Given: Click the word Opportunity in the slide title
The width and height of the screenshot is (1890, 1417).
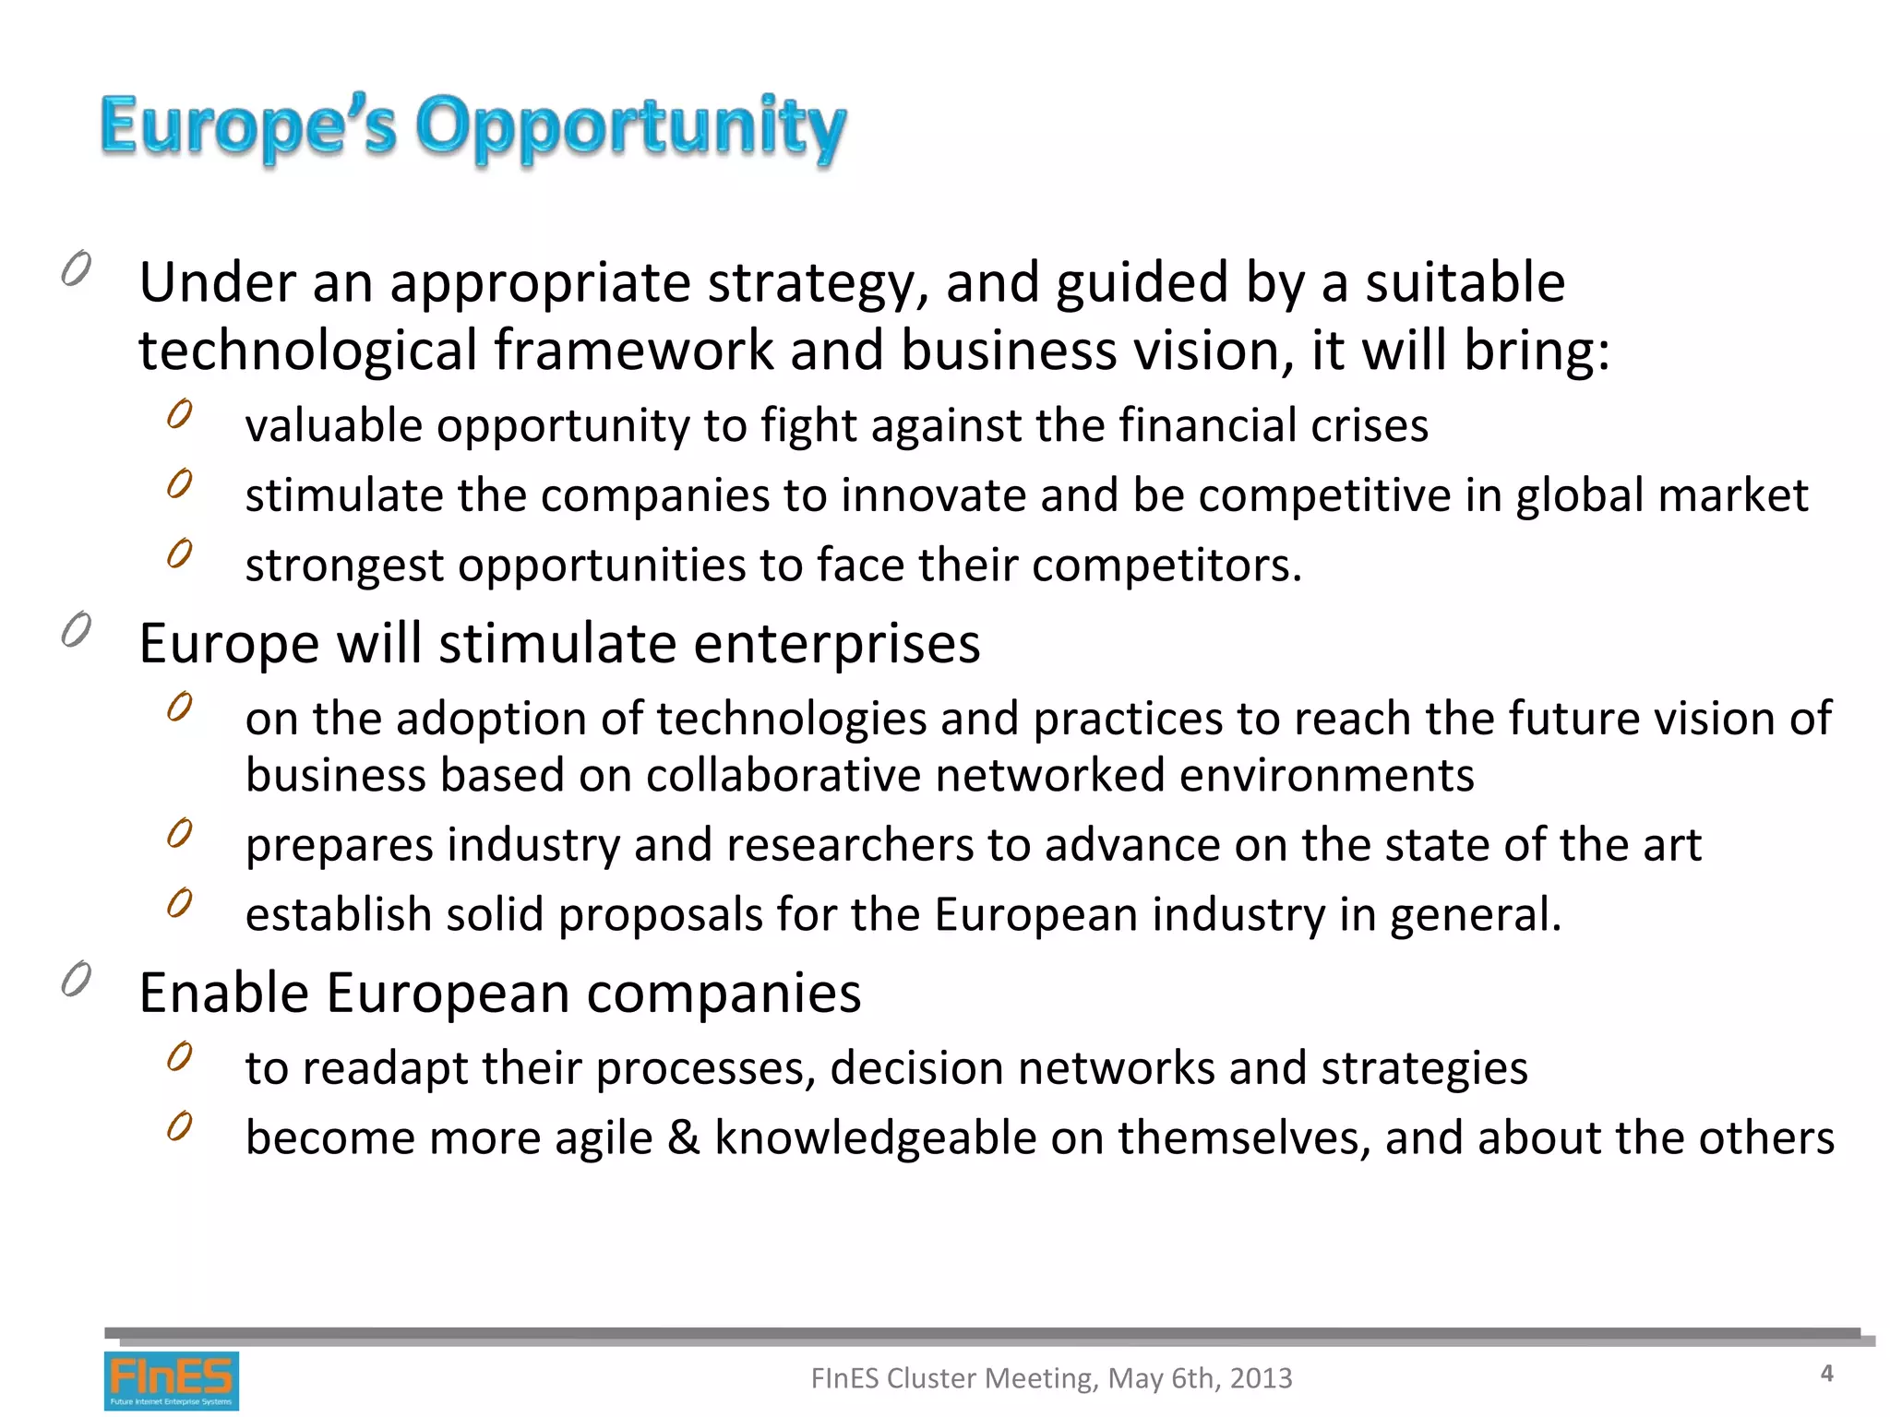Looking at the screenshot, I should (630, 127).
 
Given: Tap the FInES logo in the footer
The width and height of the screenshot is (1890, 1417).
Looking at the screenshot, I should (172, 1380).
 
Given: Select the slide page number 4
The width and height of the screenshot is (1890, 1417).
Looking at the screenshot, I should (1826, 1374).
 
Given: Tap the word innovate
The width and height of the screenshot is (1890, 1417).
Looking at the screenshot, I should (933, 495).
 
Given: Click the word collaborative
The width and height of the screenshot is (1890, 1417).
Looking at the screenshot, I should (784, 776).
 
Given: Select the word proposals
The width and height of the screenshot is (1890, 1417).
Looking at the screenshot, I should (660, 916).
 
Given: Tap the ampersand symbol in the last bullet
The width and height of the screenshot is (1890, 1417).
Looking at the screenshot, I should (684, 1137).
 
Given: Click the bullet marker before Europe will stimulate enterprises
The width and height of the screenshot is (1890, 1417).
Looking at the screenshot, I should (77, 630).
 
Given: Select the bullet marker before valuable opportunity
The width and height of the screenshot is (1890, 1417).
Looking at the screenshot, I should (180, 414).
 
